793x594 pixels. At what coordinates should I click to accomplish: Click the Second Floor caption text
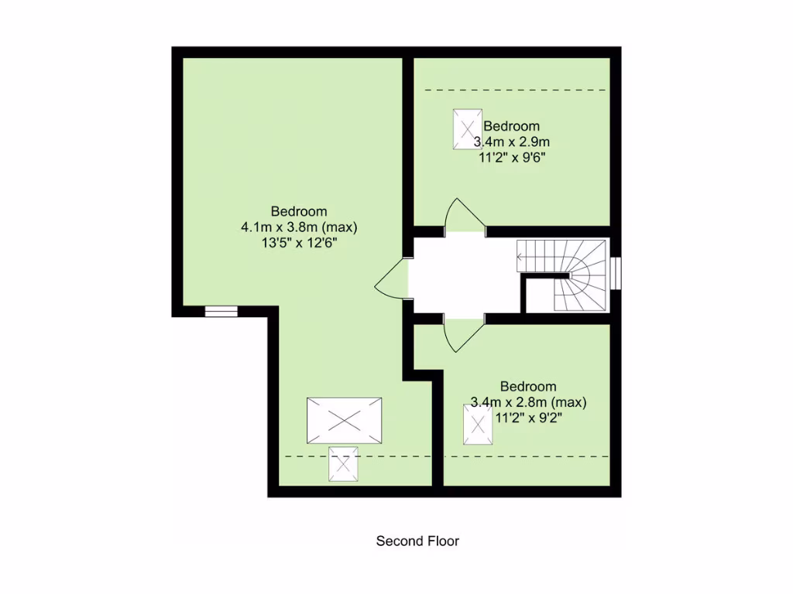[417, 541]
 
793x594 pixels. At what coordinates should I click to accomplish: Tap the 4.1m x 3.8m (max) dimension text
[299, 227]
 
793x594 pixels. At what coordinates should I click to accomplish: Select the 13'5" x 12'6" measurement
[299, 243]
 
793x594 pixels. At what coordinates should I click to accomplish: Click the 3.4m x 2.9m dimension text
[512, 142]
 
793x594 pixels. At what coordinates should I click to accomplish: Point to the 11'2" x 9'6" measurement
[512, 157]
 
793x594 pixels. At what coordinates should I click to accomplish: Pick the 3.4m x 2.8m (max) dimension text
[529, 402]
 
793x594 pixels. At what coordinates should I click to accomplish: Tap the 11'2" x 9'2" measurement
[529, 418]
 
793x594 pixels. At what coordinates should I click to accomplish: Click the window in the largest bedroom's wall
[221, 311]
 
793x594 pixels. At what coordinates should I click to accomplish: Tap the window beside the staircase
[615, 273]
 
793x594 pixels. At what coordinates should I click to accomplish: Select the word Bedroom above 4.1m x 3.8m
[299, 211]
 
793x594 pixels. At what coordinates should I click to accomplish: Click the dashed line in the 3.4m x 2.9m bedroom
[515, 90]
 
